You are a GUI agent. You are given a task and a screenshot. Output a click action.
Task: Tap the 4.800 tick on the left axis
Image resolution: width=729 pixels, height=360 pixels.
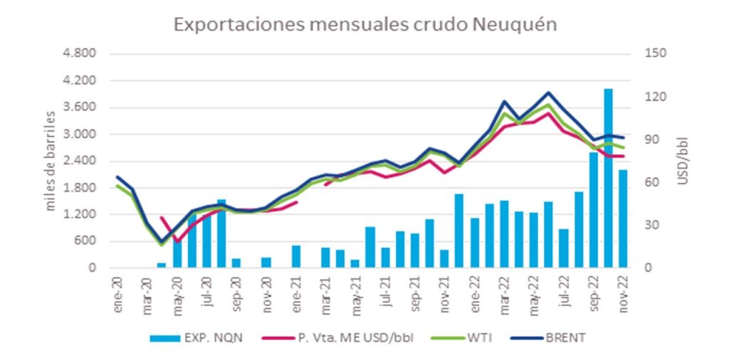(x=80, y=54)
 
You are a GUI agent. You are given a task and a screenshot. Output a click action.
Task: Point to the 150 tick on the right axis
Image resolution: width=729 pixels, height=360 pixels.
(x=652, y=54)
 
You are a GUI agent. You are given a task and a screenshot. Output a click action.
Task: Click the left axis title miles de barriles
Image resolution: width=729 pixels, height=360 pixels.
(x=51, y=161)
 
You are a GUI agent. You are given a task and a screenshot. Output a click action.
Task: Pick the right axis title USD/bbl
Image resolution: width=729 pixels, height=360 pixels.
(x=683, y=161)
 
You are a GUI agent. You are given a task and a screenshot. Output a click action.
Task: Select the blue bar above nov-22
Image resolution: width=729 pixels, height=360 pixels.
(x=622, y=219)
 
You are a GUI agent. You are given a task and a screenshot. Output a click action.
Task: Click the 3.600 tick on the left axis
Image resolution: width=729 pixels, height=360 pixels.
(x=80, y=107)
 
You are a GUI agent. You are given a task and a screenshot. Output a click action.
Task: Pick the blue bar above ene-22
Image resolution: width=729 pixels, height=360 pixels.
(x=474, y=243)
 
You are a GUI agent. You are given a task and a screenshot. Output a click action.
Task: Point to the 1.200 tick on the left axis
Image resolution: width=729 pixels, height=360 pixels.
(x=80, y=214)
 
